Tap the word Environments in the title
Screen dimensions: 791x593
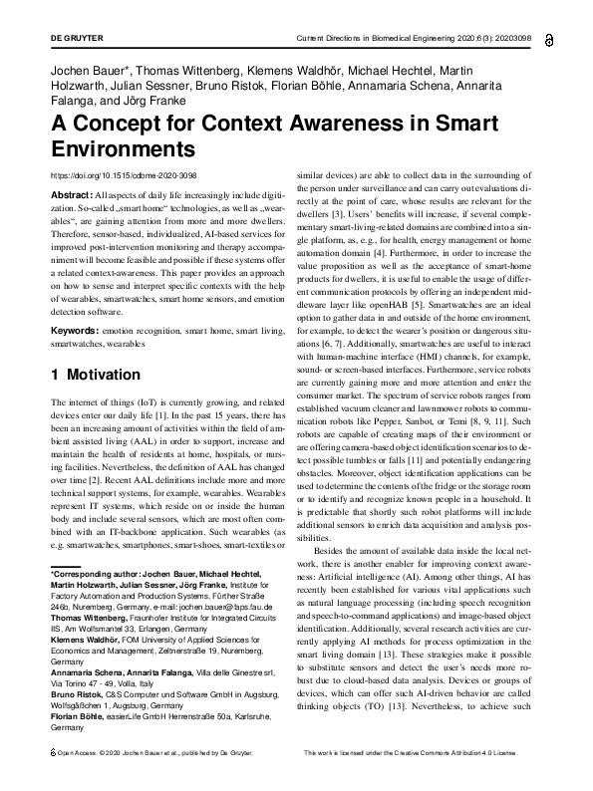click(x=124, y=150)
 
